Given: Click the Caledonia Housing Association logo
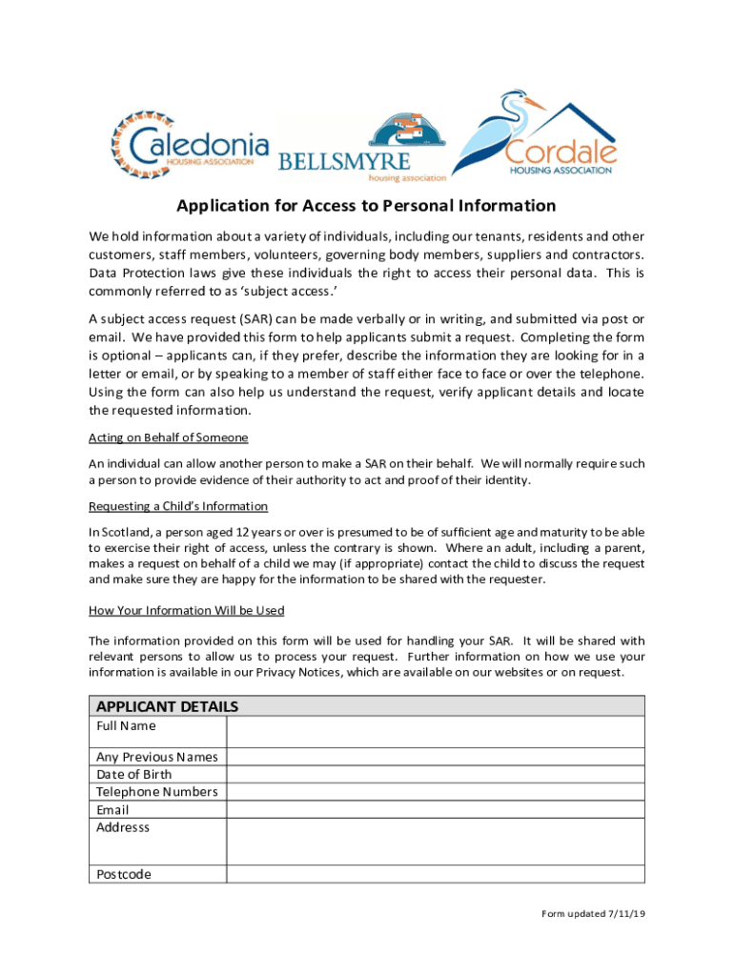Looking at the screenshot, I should click(191, 145).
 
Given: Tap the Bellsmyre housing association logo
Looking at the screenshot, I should click(362, 148).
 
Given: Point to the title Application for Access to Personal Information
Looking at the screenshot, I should click(366, 206).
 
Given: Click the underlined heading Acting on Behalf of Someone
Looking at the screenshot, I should click(169, 437).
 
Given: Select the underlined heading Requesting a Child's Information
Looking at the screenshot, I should click(178, 506).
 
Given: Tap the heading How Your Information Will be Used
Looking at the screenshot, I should click(187, 610).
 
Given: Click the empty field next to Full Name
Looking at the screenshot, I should click(435, 732).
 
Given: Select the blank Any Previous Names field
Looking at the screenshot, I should click(435, 757).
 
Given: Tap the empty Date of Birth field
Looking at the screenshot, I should click(435, 774).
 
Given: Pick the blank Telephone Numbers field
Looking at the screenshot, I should click(435, 792).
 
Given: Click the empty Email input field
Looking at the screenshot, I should click(435, 809).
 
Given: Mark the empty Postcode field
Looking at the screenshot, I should click(435, 874).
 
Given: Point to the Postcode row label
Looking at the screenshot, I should click(124, 874).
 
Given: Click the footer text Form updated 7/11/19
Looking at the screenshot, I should click(594, 914).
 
